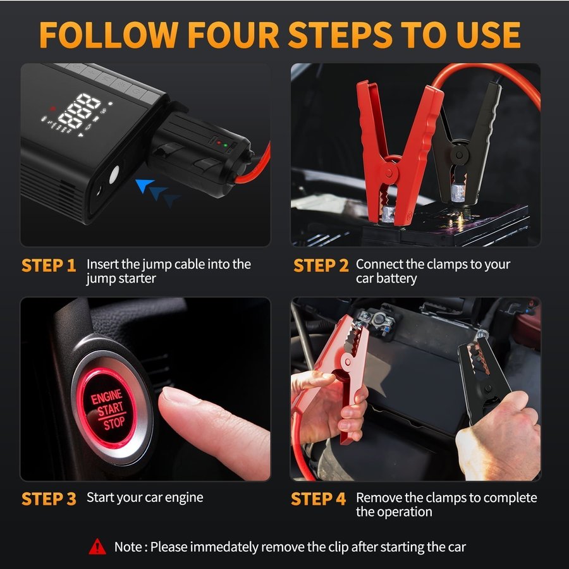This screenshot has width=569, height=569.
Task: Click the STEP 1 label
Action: coord(49,266)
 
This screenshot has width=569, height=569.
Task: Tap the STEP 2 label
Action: coord(321,266)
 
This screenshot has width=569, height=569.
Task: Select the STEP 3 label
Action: coord(49,499)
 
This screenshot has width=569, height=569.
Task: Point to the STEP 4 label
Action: coord(318,499)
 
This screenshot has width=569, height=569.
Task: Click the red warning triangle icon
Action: coord(97,546)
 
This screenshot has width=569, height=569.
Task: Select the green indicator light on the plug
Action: coord(225,145)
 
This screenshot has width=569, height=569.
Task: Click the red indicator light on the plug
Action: coord(219,143)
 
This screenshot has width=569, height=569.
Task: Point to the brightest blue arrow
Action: coord(144,185)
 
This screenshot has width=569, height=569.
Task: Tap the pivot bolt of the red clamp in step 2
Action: coord(389,173)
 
